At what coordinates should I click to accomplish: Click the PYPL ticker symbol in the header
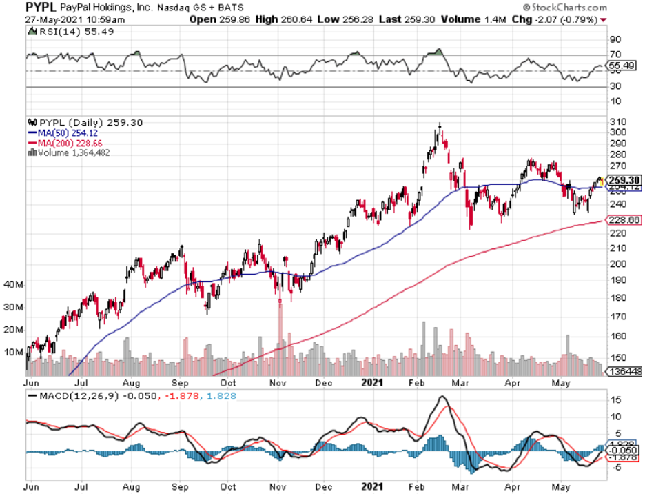(x=41, y=6)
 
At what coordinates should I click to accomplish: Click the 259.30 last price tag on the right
(x=623, y=180)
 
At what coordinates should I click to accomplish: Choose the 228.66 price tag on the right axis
(x=623, y=219)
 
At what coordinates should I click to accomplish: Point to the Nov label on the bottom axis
(x=278, y=381)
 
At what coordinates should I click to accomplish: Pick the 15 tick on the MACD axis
(x=612, y=399)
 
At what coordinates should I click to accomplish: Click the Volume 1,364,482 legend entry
(x=72, y=152)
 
